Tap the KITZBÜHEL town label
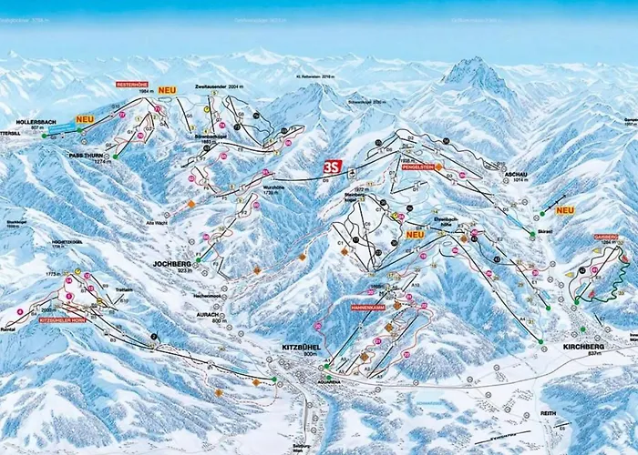(295, 348)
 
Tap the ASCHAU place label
(515, 170)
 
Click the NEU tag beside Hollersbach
(86, 119)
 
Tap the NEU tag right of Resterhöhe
(167, 90)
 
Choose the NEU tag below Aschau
(565, 210)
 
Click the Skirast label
(520, 232)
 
